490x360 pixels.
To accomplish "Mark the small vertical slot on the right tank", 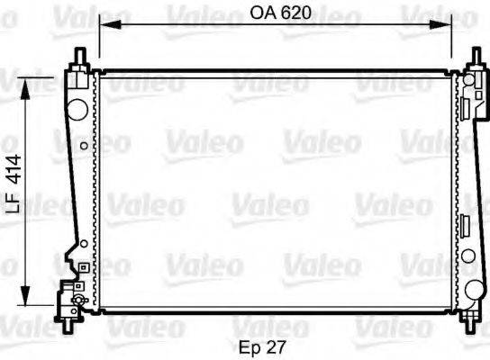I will click(467, 225).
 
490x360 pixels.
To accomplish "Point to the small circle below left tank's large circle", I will click(83, 144).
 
